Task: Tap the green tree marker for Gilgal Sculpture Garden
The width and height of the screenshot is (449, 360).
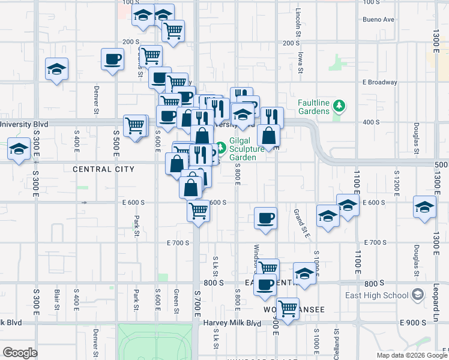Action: coord(221,146)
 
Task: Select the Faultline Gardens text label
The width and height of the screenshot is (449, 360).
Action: coord(314,107)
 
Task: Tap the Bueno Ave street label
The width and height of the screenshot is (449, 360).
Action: coord(378,19)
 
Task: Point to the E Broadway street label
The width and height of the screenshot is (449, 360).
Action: coord(379,82)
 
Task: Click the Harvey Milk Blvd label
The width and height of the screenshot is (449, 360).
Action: coord(232,323)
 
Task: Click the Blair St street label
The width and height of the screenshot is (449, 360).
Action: coord(57,297)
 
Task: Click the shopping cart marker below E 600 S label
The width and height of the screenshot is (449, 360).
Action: coord(198,211)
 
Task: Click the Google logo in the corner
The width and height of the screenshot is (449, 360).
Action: coord(20,353)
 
